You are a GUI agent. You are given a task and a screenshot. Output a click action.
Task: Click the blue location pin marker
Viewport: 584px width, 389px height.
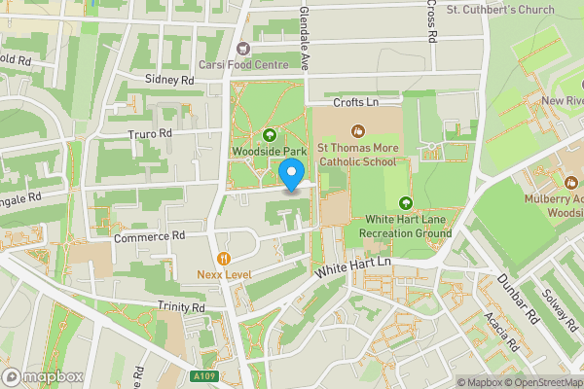click(291, 175)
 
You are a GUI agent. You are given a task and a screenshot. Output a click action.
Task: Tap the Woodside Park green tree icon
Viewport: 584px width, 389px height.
click(269, 134)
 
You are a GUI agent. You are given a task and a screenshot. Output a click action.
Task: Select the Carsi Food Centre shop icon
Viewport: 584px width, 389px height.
click(243, 48)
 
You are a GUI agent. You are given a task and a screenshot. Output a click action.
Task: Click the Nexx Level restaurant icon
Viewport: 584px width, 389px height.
click(224, 258)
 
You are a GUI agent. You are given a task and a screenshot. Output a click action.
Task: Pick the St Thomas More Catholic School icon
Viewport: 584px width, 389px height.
click(357, 129)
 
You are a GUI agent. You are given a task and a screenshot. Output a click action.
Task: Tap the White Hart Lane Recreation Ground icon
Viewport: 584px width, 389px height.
click(405, 202)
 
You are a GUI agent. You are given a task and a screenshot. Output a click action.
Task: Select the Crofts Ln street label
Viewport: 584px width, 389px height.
click(355, 101)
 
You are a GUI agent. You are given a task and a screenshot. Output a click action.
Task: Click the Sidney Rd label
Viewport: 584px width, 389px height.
click(170, 79)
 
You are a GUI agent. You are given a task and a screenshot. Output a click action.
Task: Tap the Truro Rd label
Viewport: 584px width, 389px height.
click(150, 132)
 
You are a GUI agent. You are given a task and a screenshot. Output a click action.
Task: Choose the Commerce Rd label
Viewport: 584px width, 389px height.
click(149, 235)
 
